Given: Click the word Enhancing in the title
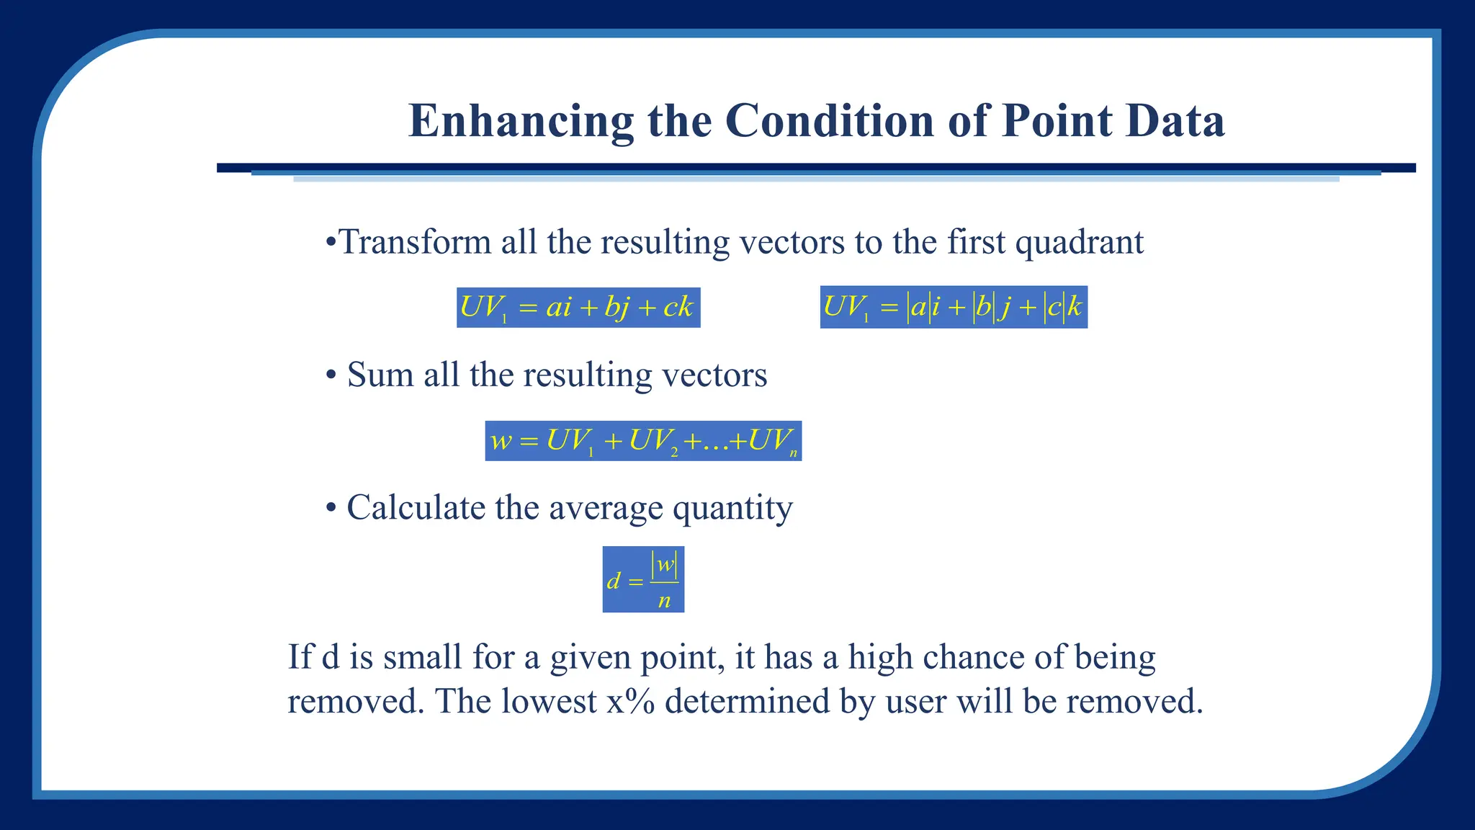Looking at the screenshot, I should coord(521,121).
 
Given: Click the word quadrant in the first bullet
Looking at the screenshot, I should coord(1078,242).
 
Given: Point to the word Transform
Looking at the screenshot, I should coord(414,242).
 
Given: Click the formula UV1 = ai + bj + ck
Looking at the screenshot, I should coord(578,308).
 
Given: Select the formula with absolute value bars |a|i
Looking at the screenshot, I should coord(953,308).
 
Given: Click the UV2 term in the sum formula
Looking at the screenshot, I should coord(653,441).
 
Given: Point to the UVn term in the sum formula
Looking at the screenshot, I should coord(772,441).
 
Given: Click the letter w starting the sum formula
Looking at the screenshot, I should coord(500,441).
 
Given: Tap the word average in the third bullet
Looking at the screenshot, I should coord(605,508).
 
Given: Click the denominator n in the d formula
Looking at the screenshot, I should coord(664,600).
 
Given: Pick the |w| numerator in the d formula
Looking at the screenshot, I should coord(664,564).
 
